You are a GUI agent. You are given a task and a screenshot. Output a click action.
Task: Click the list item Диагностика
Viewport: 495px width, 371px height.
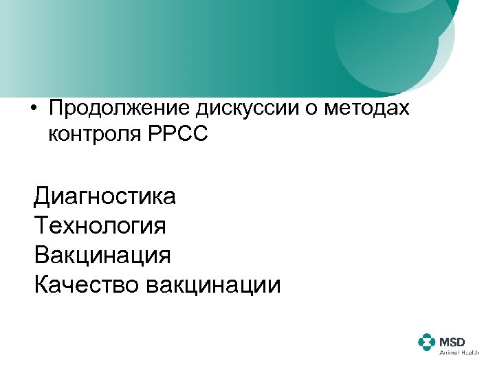coord(105,197)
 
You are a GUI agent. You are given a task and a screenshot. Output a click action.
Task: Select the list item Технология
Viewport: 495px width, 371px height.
coord(100,226)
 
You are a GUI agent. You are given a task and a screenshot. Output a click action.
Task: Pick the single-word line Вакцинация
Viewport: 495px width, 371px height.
coord(102,256)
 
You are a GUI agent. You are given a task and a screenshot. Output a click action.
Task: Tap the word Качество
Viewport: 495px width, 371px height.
coord(86,284)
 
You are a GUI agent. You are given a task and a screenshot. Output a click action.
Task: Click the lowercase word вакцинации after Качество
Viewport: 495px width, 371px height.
coord(214,284)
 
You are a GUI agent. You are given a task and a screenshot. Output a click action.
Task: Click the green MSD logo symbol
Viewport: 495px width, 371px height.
coord(427,343)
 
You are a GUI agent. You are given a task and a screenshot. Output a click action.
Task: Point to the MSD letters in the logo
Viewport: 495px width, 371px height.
coord(452,340)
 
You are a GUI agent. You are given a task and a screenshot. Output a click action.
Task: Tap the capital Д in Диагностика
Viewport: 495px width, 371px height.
coord(42,197)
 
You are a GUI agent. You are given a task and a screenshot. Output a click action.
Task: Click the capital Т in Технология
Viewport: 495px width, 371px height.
coord(41,226)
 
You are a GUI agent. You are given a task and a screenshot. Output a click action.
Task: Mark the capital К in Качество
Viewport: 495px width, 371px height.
coord(41,284)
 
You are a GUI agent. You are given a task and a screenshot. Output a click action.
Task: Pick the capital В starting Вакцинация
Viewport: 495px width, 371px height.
coord(41,256)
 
